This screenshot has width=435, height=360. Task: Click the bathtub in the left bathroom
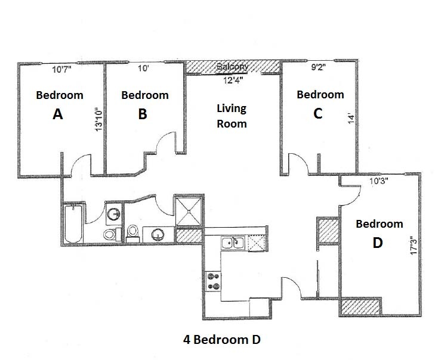point(74,224)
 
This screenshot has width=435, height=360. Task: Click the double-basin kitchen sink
point(233,243)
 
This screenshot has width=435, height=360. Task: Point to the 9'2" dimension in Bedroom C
point(318,68)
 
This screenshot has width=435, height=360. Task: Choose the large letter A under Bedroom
point(58,114)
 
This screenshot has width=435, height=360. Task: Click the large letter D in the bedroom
point(377,243)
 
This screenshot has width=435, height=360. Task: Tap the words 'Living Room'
point(231,116)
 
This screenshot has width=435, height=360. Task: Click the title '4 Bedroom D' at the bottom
point(222,340)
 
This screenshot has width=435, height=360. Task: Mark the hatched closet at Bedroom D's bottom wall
point(360,308)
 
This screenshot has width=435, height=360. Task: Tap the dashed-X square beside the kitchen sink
point(255,243)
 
